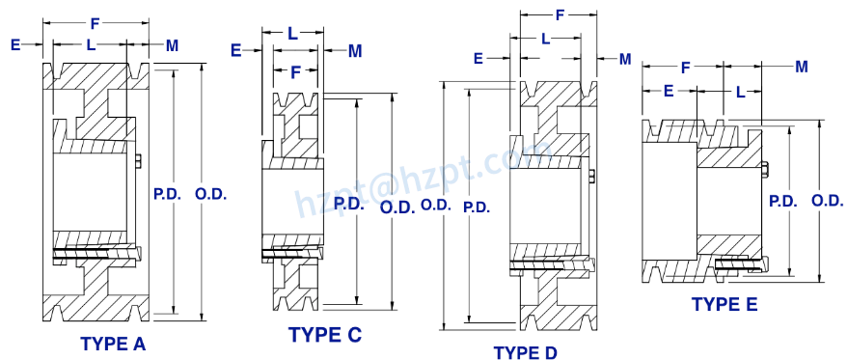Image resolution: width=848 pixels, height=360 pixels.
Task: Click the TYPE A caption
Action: pyautogui.click(x=113, y=343)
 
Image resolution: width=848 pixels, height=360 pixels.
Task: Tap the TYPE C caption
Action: pyautogui.click(x=325, y=335)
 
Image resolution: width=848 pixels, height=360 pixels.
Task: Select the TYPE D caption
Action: pyautogui.click(x=526, y=352)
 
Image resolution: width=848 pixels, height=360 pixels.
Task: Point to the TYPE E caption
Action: pyautogui.click(x=725, y=304)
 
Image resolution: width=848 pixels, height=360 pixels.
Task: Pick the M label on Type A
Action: pyautogui.click(x=172, y=44)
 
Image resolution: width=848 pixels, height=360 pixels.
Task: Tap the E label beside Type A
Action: pyautogui.click(x=15, y=44)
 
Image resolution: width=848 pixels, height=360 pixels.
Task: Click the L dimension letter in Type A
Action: pyautogui.click(x=91, y=44)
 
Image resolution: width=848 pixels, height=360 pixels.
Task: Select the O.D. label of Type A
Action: pyautogui.click(x=210, y=193)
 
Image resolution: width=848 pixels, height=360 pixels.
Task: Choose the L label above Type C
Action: pyautogui.click(x=292, y=33)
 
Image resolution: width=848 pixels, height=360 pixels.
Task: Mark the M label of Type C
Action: pyautogui.click(x=354, y=50)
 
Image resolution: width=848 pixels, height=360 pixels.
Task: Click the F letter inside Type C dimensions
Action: pyautogui.click(x=296, y=70)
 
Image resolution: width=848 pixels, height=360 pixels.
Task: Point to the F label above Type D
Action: pyautogui.click(x=561, y=15)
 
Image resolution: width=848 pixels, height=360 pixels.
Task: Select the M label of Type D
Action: pyautogui.click(x=624, y=59)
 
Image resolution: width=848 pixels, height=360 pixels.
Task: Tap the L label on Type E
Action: pyautogui.click(x=740, y=92)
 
